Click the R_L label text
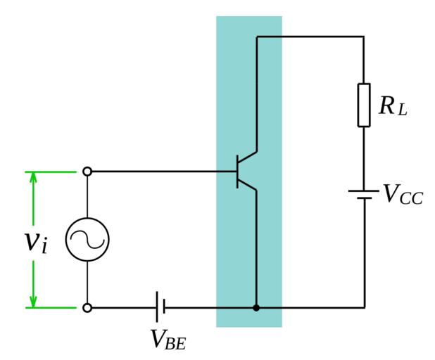[x=393, y=108]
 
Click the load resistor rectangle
[x=364, y=105]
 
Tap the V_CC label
[x=403, y=195]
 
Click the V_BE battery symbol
[x=160, y=307]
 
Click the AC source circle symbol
[x=87, y=240]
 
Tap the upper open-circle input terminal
[x=87, y=171]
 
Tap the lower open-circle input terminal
[x=87, y=307]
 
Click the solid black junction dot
[x=256, y=307]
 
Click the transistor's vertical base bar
[x=237, y=171]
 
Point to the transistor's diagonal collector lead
[x=247, y=158]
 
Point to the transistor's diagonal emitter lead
[x=247, y=184]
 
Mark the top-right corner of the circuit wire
[x=364, y=36]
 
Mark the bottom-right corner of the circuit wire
[x=364, y=307]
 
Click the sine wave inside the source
[x=87, y=240]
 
